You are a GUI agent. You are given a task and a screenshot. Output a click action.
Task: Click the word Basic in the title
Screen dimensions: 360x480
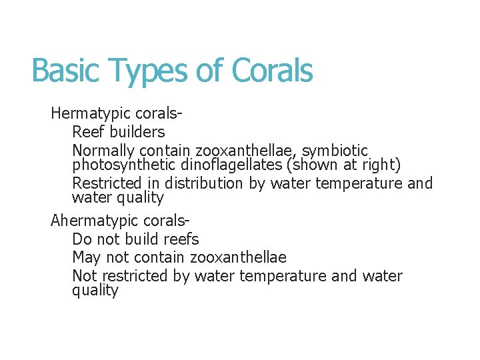[63, 71]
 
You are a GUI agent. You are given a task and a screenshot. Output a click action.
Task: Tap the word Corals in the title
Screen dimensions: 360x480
[272, 71]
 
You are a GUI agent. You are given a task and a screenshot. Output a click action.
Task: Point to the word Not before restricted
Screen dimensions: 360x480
[84, 276]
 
